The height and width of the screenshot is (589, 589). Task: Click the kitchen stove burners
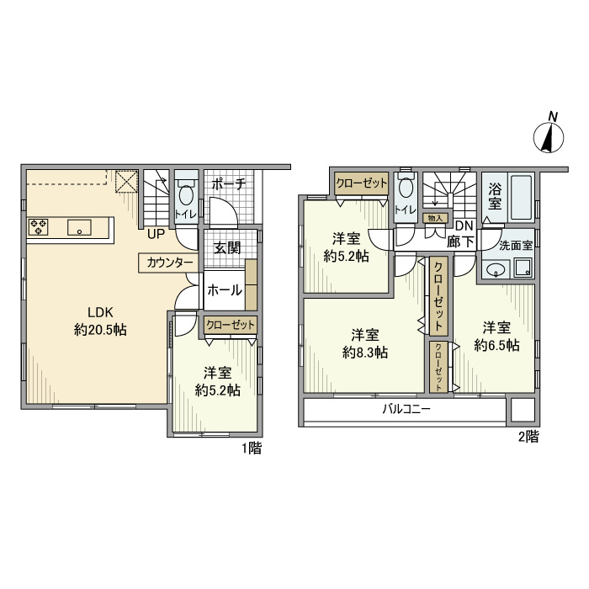(x=40, y=226)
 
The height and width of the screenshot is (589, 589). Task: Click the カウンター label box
(x=169, y=263)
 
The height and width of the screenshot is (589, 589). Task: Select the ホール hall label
(x=225, y=290)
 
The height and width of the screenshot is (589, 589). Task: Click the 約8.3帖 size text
(x=364, y=353)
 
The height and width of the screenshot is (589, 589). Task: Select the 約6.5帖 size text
(x=496, y=345)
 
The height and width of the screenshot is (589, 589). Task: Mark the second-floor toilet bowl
(x=406, y=188)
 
